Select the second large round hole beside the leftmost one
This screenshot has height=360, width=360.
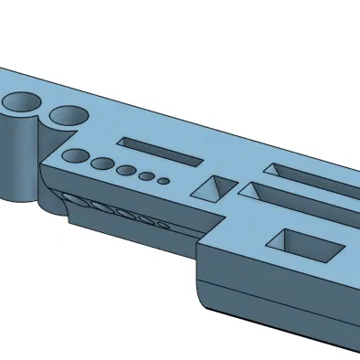pos(66,115)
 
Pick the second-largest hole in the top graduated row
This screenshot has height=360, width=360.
pos(103,164)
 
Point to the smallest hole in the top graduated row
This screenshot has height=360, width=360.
pos(163,181)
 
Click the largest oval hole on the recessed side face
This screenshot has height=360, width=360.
pos(77,202)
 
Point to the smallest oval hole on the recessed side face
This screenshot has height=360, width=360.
pos(163,223)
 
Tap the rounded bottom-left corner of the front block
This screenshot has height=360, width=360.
pos(203,297)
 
